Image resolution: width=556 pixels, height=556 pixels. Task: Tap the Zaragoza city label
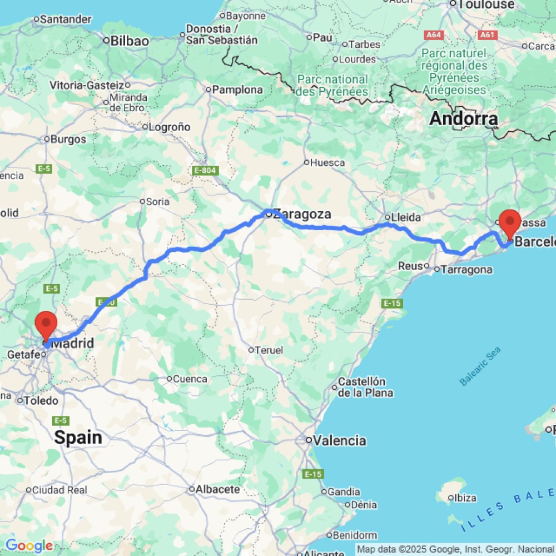coord(302,214)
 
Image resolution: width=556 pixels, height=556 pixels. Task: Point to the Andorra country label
coord(463,118)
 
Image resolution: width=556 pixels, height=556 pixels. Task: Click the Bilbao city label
coord(130,41)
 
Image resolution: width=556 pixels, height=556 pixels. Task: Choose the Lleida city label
coord(405,217)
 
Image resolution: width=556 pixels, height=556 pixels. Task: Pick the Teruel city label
coord(269,350)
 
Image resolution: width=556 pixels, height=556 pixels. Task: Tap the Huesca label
coord(327,163)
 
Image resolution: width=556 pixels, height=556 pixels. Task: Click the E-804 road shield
coord(206,171)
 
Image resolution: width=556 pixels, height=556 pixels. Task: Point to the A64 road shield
coord(434,35)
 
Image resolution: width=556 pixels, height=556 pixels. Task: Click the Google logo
coord(29,546)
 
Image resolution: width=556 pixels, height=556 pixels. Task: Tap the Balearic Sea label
coord(480,366)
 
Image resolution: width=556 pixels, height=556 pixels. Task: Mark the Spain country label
coord(78,438)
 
